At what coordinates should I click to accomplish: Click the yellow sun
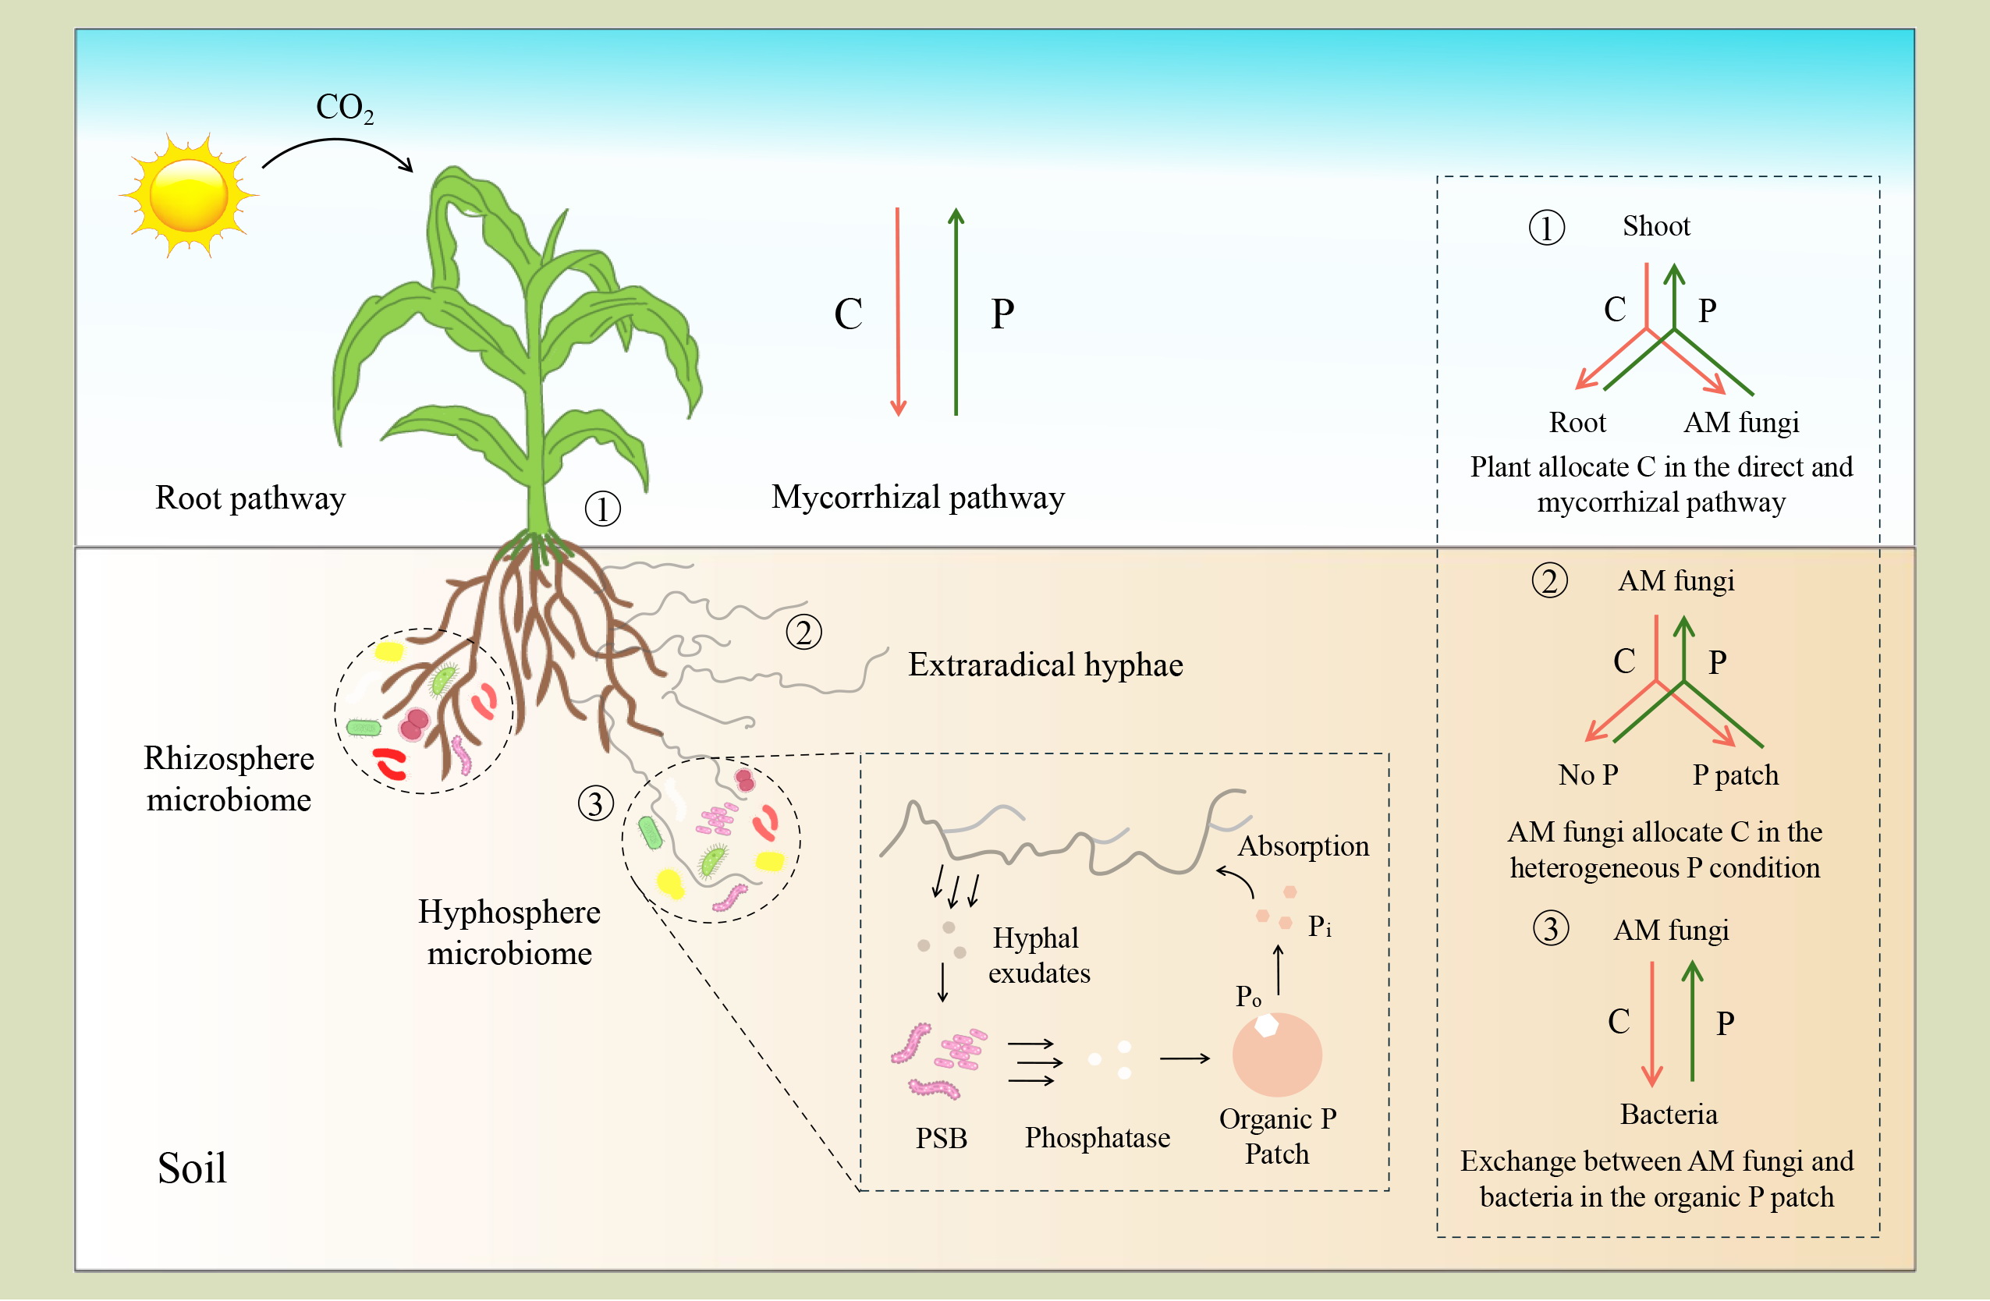tap(188, 195)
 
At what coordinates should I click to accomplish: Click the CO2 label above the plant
tap(345, 108)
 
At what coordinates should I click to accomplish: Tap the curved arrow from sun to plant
tap(338, 154)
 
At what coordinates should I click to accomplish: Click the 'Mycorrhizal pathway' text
tap(918, 498)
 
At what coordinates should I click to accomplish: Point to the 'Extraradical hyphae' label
tap(1045, 665)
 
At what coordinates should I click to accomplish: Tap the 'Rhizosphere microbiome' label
tap(229, 778)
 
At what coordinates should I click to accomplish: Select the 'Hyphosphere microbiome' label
tap(509, 932)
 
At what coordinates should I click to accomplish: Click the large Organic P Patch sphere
tap(1277, 1055)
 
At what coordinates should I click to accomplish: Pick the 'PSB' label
tap(942, 1138)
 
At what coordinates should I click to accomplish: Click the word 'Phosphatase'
tap(1097, 1137)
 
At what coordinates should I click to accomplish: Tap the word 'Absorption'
tap(1304, 846)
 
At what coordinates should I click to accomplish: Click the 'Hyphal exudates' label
tap(1038, 955)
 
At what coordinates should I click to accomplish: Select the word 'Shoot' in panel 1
tap(1656, 225)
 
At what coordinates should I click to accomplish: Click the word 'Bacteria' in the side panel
tap(1669, 1115)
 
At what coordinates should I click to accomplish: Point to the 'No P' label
tap(1587, 775)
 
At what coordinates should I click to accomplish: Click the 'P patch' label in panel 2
tap(1736, 775)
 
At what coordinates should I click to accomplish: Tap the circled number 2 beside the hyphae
tap(803, 632)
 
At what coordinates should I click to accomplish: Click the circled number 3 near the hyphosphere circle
tap(596, 803)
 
